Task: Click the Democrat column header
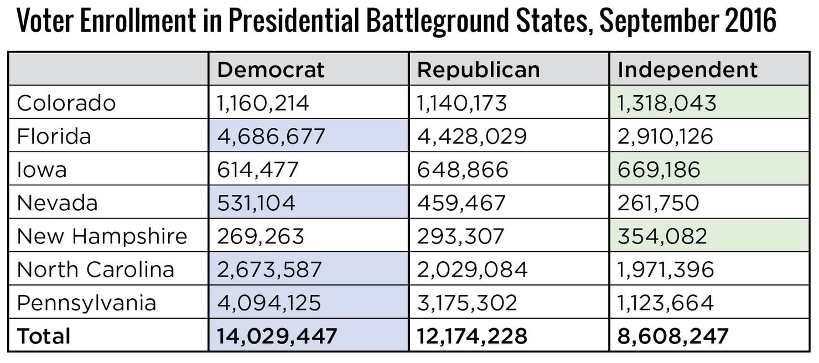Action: [x=271, y=70]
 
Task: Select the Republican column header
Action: [x=478, y=70]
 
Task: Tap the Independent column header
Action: [x=687, y=70]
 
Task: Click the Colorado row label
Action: [x=66, y=103]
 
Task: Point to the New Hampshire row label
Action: [x=102, y=236]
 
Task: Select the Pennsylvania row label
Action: [x=86, y=303]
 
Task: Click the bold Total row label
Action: [x=44, y=336]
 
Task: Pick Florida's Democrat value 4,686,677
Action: [x=271, y=136]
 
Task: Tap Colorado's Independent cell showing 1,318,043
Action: [x=667, y=103]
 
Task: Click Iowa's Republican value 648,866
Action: [x=462, y=169]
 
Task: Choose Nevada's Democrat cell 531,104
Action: [x=256, y=203]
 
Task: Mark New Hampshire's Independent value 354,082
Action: [x=662, y=236]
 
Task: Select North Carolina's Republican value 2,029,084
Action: [x=472, y=269]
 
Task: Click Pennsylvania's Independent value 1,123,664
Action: [x=665, y=303]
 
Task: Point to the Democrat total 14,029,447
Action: [x=277, y=336]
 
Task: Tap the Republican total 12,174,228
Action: [x=472, y=336]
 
